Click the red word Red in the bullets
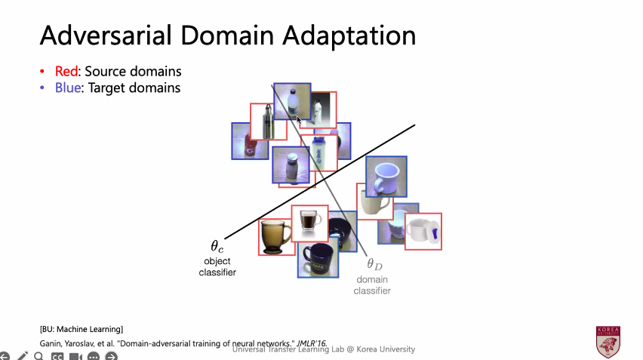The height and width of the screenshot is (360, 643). click(x=66, y=72)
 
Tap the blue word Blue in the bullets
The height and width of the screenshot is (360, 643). click(x=67, y=88)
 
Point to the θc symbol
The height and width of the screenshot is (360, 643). click(x=217, y=246)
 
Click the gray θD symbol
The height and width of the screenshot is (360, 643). click(x=374, y=264)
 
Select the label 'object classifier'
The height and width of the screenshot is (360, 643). click(x=217, y=266)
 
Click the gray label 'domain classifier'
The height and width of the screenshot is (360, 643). click(x=372, y=285)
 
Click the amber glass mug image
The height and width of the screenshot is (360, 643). click(x=275, y=236)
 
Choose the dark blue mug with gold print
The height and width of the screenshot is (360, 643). click(x=317, y=258)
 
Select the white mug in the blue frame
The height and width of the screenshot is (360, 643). click(x=386, y=175)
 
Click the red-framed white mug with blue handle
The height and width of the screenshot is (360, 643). click(x=423, y=231)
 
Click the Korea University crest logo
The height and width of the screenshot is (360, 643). click(x=608, y=341)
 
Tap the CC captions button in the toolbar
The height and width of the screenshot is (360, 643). click(x=57, y=355)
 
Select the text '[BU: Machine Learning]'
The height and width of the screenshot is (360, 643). click(x=82, y=328)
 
